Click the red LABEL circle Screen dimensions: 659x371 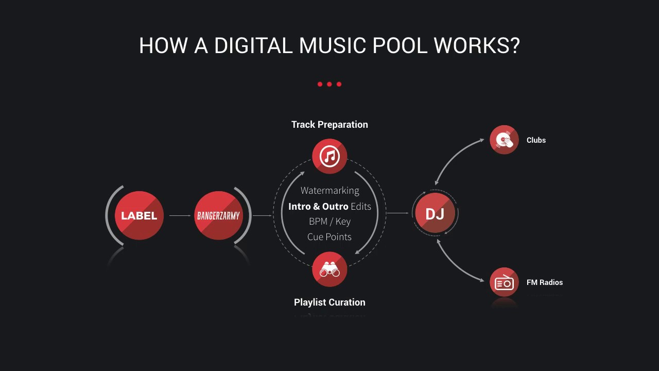(139, 215)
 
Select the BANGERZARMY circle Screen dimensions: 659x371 (218, 215)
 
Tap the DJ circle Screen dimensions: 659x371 (435, 213)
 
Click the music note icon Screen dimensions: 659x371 (329, 156)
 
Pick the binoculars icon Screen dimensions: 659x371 (329, 269)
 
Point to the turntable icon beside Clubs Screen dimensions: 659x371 (504, 140)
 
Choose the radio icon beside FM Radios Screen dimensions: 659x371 (504, 282)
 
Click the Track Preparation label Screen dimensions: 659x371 (329, 125)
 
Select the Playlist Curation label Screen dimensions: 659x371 (329, 302)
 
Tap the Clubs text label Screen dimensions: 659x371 (536, 140)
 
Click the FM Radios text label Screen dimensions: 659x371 (545, 282)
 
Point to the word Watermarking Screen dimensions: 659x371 (329, 191)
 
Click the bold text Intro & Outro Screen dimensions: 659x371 (318, 206)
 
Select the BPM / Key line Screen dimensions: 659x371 (329, 222)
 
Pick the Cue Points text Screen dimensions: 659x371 (329, 237)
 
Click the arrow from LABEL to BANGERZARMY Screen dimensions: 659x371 (180, 215)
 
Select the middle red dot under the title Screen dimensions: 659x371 (329, 84)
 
